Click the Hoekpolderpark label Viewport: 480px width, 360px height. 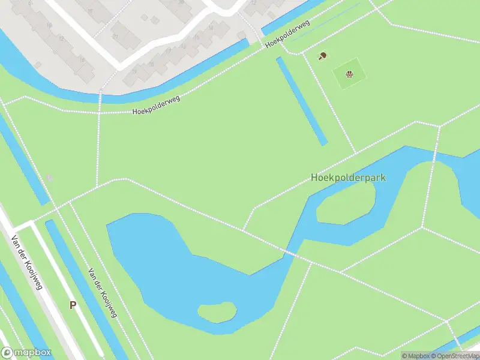click(x=348, y=178)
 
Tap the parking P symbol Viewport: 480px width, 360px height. click(x=73, y=305)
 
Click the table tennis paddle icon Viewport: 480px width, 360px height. click(x=322, y=56)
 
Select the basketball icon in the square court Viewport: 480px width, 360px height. click(x=349, y=74)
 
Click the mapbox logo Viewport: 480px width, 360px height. click(x=26, y=353)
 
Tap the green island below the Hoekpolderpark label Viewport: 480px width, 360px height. click(x=345, y=202)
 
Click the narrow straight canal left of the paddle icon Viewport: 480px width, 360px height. click(x=302, y=101)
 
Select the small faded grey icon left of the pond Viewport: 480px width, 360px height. click(x=50, y=178)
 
